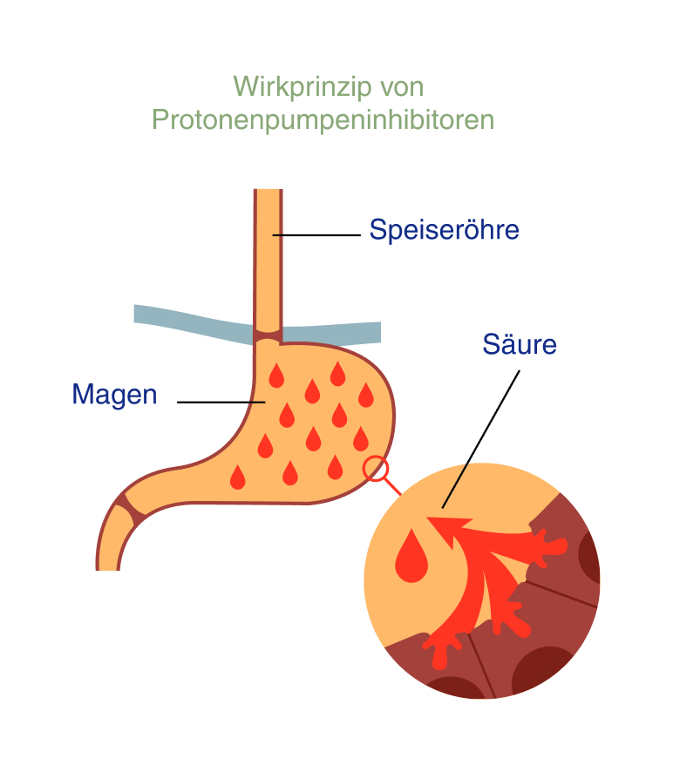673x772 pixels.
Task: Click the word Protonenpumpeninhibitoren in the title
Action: pos(323,119)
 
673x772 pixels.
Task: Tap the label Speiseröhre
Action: pos(444,230)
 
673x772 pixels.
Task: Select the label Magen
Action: pos(114,395)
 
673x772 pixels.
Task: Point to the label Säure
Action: pos(520,344)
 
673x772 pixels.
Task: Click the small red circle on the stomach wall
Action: pos(376,469)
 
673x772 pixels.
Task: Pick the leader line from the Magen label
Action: pos(221,402)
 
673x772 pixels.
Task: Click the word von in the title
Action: pos(401,87)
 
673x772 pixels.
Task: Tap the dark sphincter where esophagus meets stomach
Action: pos(269,335)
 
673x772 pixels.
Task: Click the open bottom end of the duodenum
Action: pos(107,568)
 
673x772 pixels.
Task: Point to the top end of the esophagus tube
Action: pos(269,192)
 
